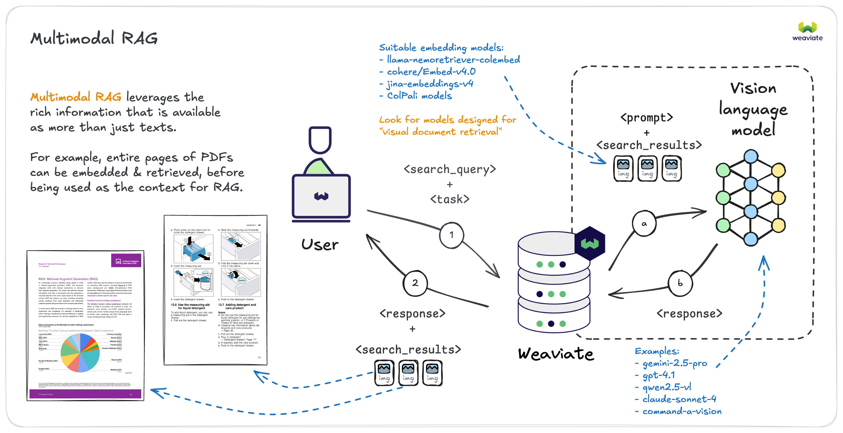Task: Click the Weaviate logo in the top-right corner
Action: [x=807, y=31]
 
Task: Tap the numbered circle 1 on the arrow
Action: [x=452, y=235]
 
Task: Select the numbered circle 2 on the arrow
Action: [x=415, y=283]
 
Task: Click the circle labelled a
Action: [x=644, y=224]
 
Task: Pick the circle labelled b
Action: [x=680, y=283]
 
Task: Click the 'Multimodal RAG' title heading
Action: [x=94, y=38]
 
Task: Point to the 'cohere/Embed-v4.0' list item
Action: [x=431, y=72]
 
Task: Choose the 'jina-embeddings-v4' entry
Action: [x=430, y=84]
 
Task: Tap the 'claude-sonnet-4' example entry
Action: [x=679, y=399]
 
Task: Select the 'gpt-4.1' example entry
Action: [x=658, y=375]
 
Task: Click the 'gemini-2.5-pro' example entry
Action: [x=674, y=363]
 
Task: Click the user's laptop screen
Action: [x=321, y=196]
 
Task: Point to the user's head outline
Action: [x=320, y=140]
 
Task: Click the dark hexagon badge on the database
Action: [x=590, y=243]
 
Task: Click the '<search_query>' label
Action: [x=449, y=169]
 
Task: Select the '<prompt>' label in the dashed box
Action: [x=647, y=117]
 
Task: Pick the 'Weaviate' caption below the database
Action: [x=556, y=354]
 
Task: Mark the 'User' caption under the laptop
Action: [x=320, y=245]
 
